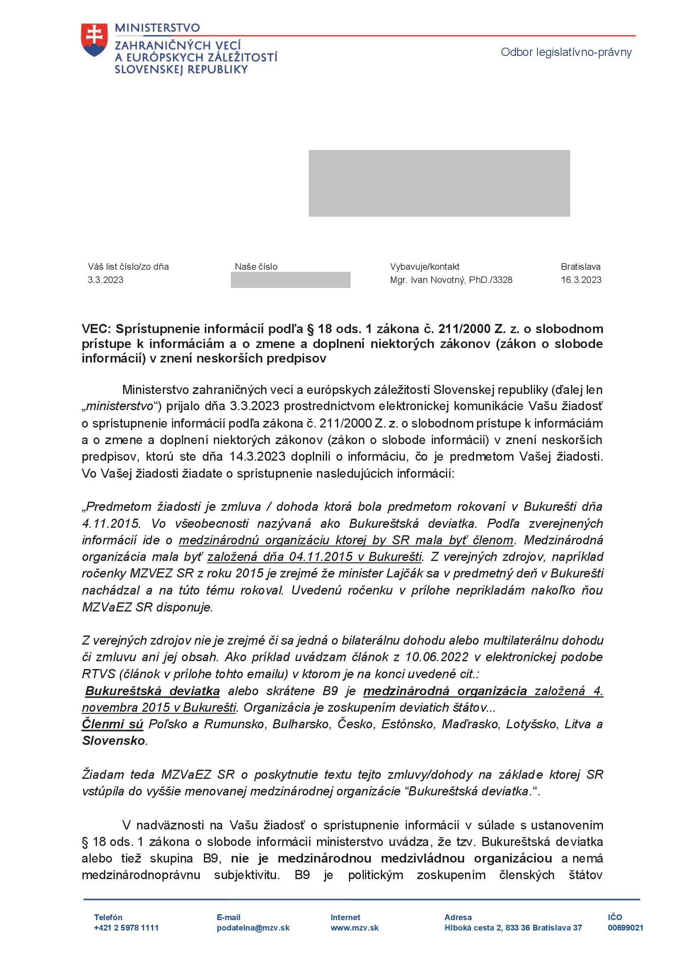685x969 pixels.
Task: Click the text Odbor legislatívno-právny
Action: (566, 52)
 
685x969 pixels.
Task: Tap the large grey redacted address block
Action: (439, 183)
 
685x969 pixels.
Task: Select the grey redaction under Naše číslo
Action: (290, 280)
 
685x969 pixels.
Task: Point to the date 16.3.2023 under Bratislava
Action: (581, 280)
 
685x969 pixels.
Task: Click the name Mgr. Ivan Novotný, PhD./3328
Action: (451, 280)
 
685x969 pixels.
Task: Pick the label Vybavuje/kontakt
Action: (424, 266)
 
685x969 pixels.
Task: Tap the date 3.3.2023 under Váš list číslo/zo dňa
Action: (106, 280)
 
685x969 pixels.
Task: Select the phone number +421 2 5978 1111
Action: (126, 928)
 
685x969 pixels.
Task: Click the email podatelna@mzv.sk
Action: (253, 928)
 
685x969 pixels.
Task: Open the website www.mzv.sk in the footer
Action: (354, 928)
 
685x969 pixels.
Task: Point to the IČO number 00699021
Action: (625, 928)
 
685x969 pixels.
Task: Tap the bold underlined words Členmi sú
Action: (113, 724)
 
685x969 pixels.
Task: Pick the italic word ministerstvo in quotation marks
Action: (119, 406)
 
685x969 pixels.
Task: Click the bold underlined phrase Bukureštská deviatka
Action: (152, 691)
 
